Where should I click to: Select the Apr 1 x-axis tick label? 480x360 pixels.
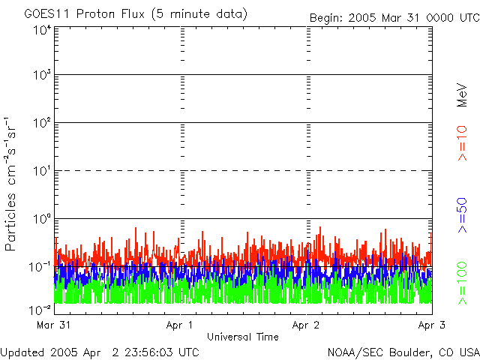(x=181, y=325)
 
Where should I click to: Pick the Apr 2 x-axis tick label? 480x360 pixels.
(x=307, y=325)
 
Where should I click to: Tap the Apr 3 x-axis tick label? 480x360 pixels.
(x=430, y=325)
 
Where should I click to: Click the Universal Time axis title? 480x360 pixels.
(x=242, y=337)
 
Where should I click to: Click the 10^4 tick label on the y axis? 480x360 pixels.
(x=42, y=30)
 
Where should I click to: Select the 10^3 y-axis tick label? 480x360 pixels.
(x=42, y=75)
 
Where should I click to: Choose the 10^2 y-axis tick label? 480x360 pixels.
(x=42, y=122)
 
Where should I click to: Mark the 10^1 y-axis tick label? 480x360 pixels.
(x=42, y=170)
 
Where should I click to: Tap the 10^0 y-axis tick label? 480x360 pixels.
(x=42, y=218)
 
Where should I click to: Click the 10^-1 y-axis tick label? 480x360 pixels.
(x=40, y=265)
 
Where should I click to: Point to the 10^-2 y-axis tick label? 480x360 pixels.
(x=40, y=309)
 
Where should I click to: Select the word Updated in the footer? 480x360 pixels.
(x=22, y=352)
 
